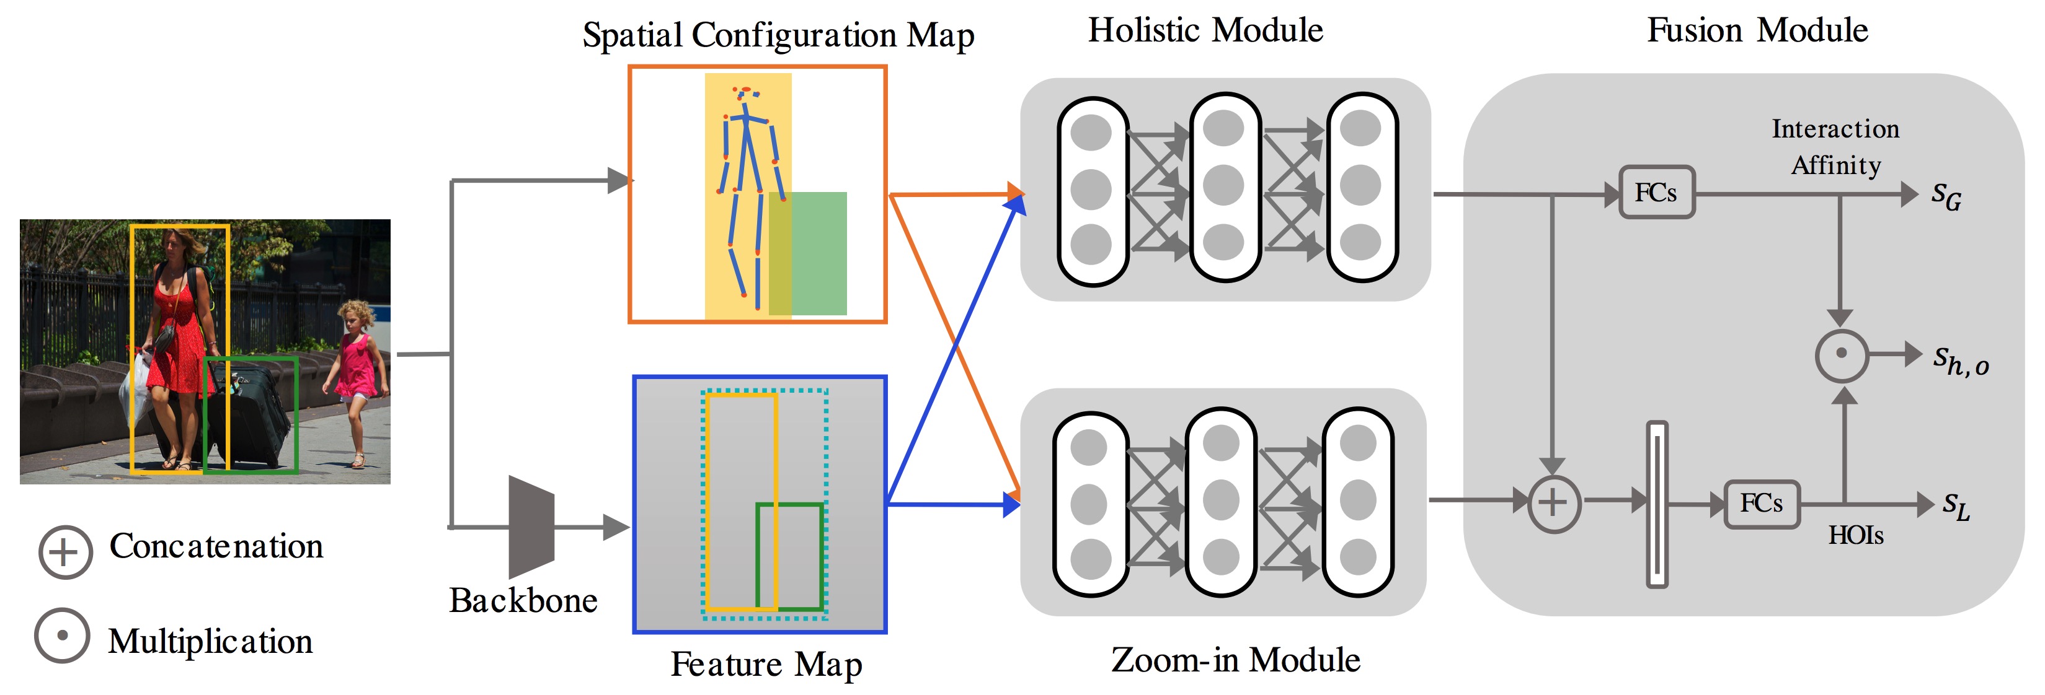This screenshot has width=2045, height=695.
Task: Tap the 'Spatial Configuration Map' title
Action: tap(778, 36)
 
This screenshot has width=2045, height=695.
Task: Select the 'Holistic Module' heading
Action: tap(1205, 30)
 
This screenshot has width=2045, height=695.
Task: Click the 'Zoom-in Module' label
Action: tap(1235, 660)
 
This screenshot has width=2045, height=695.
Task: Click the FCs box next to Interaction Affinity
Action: tap(1656, 193)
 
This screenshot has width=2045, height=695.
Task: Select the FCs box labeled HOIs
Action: tap(1762, 504)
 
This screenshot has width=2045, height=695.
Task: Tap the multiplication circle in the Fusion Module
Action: tap(1841, 355)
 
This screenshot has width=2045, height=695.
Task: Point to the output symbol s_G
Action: tap(1946, 195)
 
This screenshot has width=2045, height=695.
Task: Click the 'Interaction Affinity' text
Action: tap(1835, 147)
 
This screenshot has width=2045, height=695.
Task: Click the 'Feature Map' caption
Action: tap(766, 664)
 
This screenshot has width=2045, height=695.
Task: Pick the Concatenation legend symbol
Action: tap(65, 552)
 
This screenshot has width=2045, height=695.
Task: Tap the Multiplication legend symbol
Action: tap(62, 636)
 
